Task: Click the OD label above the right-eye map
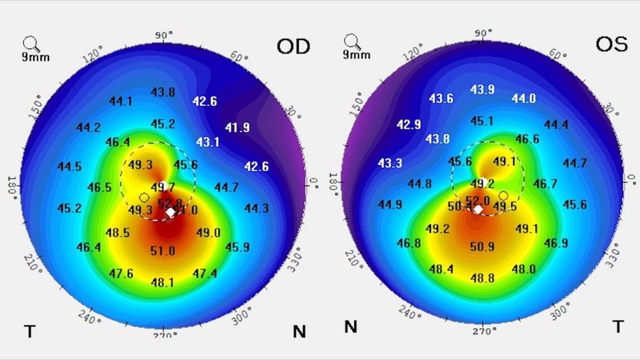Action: (293, 46)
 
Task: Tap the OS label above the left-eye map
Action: (611, 44)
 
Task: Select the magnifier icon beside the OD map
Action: (31, 44)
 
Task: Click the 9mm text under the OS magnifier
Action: (357, 55)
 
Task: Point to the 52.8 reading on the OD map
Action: (170, 203)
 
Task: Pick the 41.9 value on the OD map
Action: (237, 128)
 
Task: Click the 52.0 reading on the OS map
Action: (477, 201)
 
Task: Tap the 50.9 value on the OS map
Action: (482, 246)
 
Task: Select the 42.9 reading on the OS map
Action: (409, 124)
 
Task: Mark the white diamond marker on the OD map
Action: (170, 213)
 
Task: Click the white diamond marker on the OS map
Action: (478, 209)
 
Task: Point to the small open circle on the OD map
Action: (144, 197)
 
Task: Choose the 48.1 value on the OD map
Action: (163, 282)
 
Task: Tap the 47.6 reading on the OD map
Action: (121, 273)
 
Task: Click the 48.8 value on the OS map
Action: (482, 278)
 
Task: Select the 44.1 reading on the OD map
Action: (120, 101)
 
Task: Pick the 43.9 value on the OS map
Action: (482, 90)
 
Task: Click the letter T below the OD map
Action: (29, 331)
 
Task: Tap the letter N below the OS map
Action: (350, 327)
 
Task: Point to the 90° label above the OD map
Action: (164, 35)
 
